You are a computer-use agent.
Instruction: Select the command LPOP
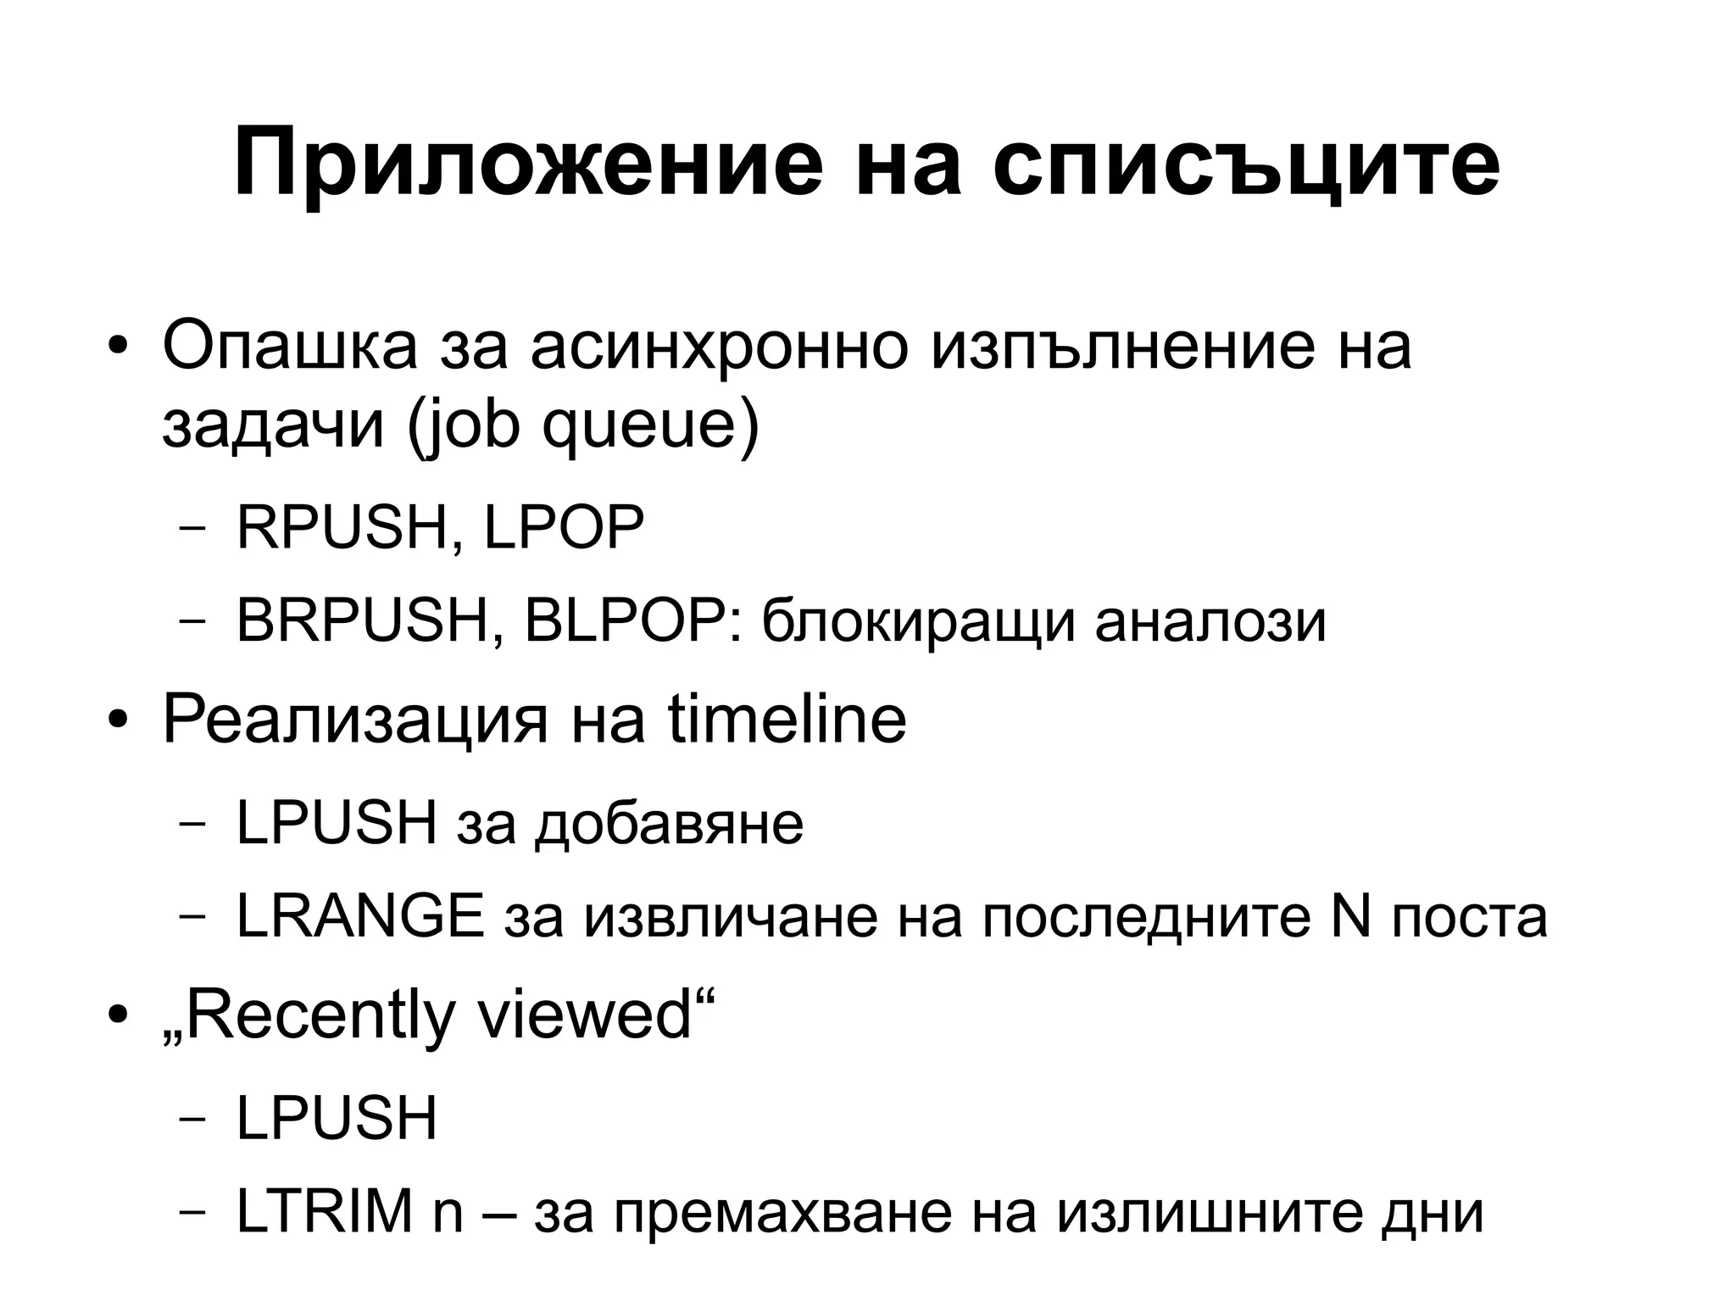pyautogui.click(x=565, y=527)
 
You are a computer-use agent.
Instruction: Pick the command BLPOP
pyautogui.click(x=627, y=621)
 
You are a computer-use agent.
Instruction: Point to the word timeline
pyautogui.click(x=787, y=720)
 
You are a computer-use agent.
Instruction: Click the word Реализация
pyautogui.click(x=355, y=720)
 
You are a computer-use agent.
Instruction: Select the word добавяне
pyautogui.click(x=669, y=823)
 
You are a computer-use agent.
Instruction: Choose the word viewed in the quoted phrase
pyautogui.click(x=585, y=1015)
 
